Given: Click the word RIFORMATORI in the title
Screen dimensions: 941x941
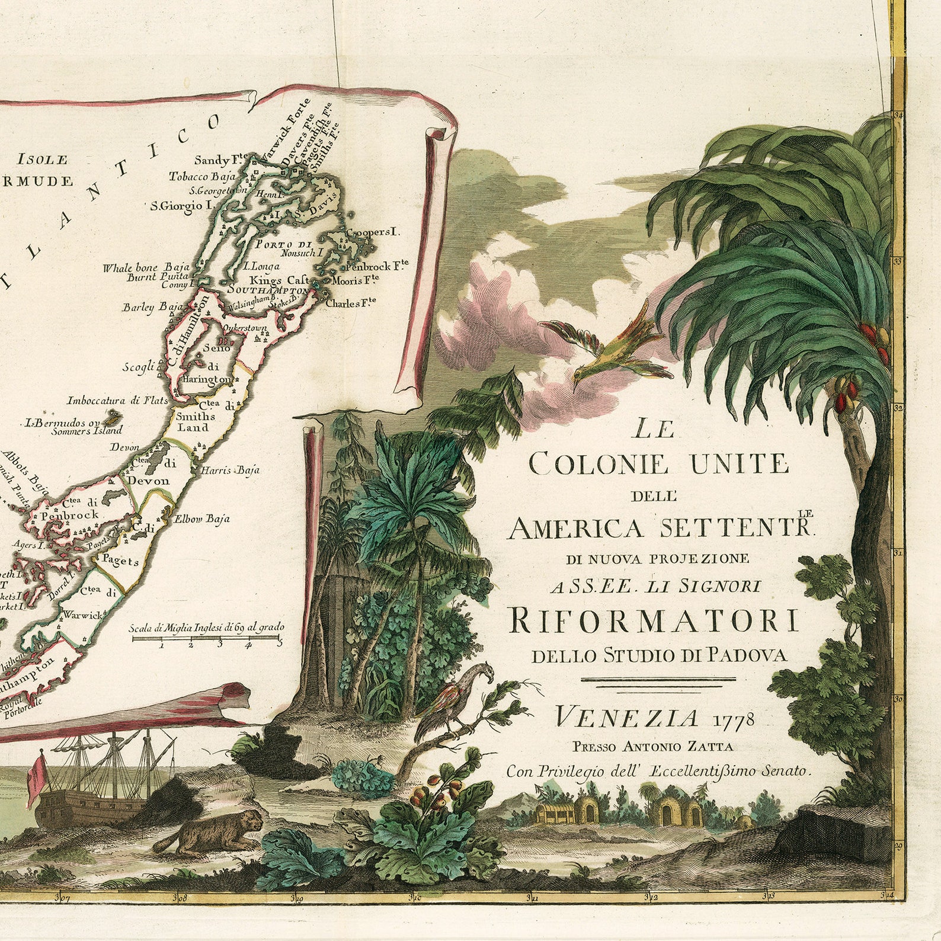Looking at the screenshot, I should click(x=654, y=620).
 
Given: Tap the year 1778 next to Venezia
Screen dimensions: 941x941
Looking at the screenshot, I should click(x=734, y=719).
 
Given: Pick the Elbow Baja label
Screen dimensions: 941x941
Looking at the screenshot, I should click(x=201, y=519).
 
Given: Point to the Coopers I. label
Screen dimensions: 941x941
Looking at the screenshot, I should click(x=373, y=232).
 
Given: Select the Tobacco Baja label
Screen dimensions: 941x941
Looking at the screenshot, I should click(x=202, y=177).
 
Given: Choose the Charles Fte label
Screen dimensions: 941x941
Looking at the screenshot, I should click(x=351, y=303).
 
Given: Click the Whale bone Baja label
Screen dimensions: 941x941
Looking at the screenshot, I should click(x=146, y=267).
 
